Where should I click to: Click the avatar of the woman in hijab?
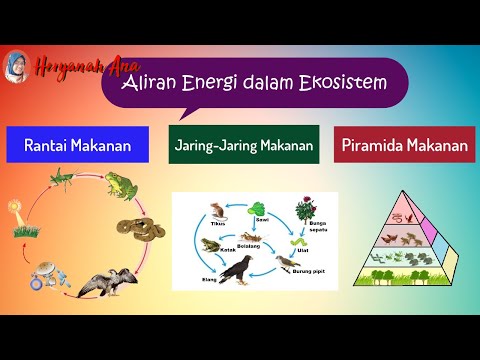click(18, 67)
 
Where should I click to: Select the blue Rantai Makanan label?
click(77, 144)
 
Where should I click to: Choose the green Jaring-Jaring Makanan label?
click(243, 145)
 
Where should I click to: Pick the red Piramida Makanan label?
click(404, 144)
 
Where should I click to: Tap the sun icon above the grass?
click(15, 211)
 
